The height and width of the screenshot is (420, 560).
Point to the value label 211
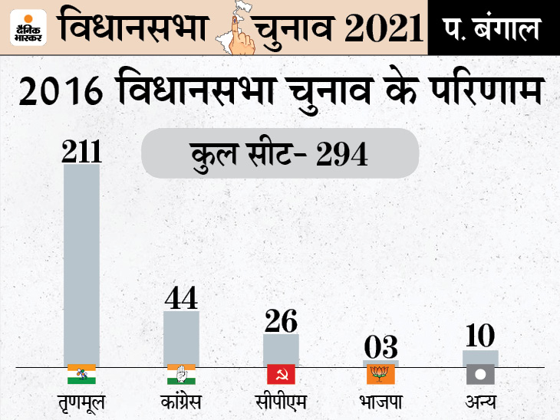coord(81,149)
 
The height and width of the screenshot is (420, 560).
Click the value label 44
coord(182,297)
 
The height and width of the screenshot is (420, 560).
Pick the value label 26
coord(281,320)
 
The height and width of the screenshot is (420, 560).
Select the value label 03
coord(380,346)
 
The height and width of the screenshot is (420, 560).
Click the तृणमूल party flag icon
coord(81,374)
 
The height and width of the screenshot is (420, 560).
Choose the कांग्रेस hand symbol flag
coord(181,374)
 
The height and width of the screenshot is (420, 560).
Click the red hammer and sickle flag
coord(281,374)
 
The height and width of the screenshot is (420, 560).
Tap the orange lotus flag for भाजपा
coord(380,374)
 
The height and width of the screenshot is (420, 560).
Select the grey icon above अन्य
coord(480,374)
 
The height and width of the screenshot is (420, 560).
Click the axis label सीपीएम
coord(281,402)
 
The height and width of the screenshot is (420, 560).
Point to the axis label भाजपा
coord(380,402)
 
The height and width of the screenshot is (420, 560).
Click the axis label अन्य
coord(480,402)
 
